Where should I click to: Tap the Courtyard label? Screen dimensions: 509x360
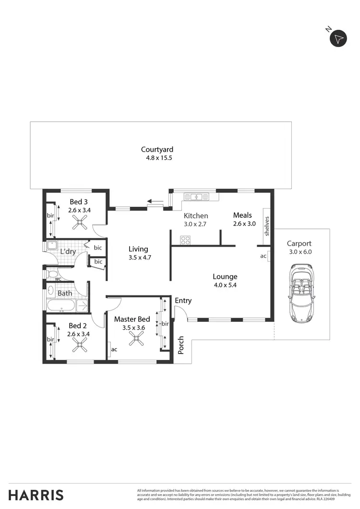coord(157,150)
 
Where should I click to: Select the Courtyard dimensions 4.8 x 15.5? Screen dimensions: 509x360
coord(159,158)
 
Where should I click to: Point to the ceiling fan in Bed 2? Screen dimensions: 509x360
coord(79,344)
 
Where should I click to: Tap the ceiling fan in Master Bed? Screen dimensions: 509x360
coord(136,340)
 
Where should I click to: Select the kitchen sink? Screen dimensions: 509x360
coord(196,196)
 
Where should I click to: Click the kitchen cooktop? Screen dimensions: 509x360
coord(185,240)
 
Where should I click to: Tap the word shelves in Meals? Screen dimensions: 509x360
coord(267,226)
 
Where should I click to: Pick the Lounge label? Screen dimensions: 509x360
coord(225,277)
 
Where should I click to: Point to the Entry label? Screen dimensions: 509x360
coord(183,301)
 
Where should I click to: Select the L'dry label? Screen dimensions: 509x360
coord(68,251)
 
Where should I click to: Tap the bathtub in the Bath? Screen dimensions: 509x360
coord(61,305)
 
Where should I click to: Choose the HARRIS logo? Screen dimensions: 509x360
coord(36,495)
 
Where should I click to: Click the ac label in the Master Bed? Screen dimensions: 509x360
coord(114,349)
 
